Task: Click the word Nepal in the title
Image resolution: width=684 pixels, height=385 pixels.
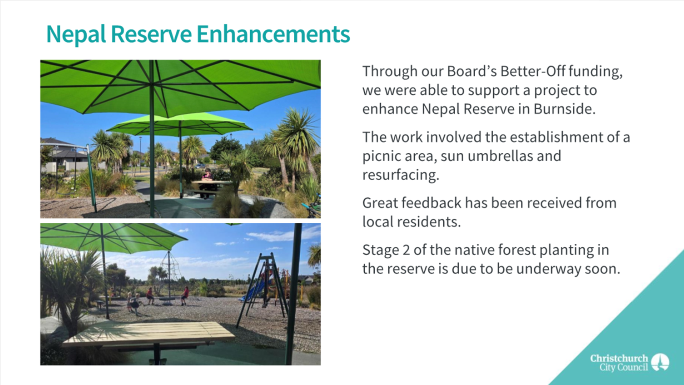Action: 76,34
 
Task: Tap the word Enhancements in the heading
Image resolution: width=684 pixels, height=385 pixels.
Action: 273,34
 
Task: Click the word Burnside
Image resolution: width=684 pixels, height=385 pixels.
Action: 565,109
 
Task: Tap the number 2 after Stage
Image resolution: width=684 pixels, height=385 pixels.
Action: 406,250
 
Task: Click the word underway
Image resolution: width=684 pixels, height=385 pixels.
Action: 540,269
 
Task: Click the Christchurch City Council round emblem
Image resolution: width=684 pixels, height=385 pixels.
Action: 660,362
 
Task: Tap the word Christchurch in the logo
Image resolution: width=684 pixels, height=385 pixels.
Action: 619,358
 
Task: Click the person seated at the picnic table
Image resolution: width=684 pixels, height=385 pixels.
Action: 206,180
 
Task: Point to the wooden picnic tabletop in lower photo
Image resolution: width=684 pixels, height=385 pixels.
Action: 149,334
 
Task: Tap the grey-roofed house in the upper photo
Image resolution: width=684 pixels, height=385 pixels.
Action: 66,154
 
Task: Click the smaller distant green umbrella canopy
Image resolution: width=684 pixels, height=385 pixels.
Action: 179,124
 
